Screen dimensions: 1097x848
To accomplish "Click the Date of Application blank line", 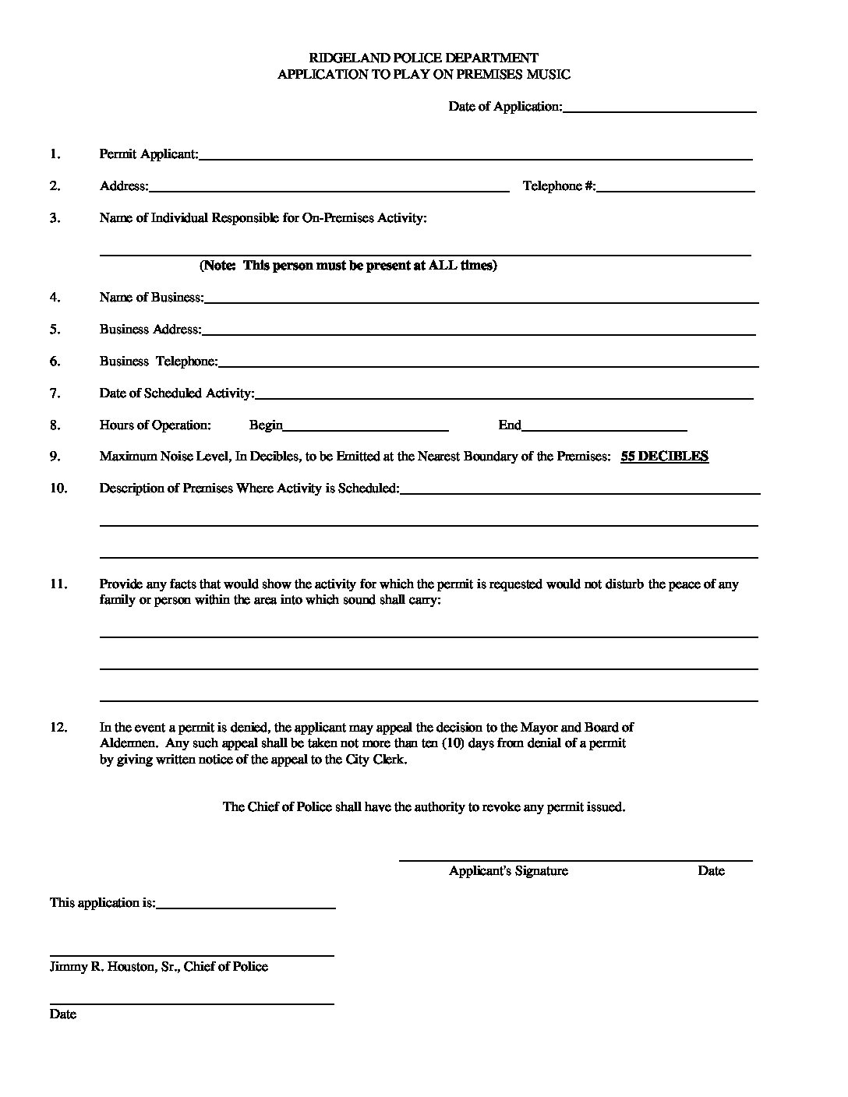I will [x=659, y=108].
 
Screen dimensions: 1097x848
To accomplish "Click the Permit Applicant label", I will [x=148, y=154].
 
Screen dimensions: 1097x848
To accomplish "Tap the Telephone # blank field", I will [x=676, y=186].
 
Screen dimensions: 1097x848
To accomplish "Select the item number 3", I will [x=55, y=218].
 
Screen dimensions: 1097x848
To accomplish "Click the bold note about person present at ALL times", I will [x=348, y=266].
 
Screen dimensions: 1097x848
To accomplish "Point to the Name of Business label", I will [x=151, y=298].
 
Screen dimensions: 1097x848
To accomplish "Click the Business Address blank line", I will [x=479, y=330].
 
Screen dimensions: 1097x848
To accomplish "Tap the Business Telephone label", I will [x=158, y=362].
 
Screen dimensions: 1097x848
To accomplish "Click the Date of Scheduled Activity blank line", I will [x=503, y=393].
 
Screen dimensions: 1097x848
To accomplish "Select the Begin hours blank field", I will [x=366, y=425].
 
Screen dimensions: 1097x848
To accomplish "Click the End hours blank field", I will [x=604, y=425].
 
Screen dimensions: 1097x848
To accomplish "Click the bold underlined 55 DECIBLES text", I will [x=664, y=457].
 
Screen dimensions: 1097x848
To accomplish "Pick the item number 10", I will [x=58, y=489].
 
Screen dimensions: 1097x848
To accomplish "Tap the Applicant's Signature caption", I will [x=508, y=871].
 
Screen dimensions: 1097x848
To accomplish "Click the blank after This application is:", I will [x=246, y=903].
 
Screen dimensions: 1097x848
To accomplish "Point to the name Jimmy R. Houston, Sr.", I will [x=115, y=967].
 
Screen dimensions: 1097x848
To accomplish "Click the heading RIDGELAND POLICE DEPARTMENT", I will [x=424, y=58].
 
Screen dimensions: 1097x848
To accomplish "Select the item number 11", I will [x=58, y=584].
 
